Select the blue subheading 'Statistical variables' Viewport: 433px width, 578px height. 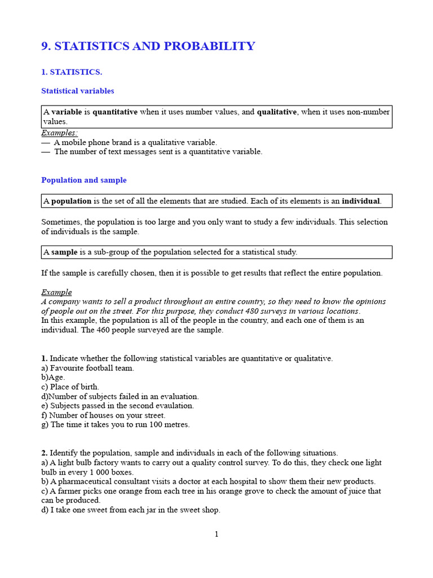coord(77,91)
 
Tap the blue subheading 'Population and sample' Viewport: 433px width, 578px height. coord(83,180)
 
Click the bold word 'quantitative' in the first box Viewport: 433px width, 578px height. coord(115,112)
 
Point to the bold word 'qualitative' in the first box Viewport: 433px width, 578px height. coord(277,112)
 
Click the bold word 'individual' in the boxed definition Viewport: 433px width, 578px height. coord(361,201)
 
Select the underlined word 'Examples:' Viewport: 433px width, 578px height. coord(59,133)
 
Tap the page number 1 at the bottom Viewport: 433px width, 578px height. coord(216,534)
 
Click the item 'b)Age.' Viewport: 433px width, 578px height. coord(53,377)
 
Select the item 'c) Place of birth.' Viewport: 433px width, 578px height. coord(70,387)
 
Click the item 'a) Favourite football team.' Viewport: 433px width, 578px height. coord(87,368)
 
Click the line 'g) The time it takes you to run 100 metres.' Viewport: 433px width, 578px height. coord(116,424)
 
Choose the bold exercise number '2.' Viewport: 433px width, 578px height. coord(45,453)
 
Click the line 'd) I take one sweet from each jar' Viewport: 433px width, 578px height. coord(131,510)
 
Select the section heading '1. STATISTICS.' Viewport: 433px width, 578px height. coord(72,72)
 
